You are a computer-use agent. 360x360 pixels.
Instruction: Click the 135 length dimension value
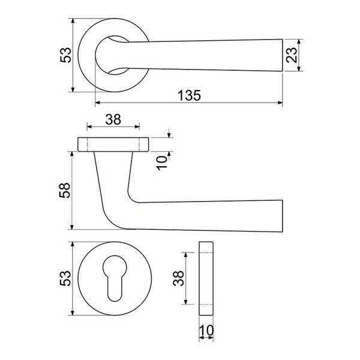pyautogui.click(x=190, y=95)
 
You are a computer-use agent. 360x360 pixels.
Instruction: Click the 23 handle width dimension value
pyautogui.click(x=292, y=55)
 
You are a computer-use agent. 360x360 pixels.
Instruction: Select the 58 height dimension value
pyautogui.click(x=65, y=190)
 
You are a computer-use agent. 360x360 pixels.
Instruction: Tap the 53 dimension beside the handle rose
pyautogui.click(x=65, y=55)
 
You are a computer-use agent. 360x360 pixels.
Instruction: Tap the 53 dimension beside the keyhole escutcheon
pyautogui.click(x=65, y=278)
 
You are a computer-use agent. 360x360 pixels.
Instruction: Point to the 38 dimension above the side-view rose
pyautogui.click(x=113, y=119)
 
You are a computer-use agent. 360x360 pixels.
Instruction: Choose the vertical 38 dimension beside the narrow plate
pyautogui.click(x=178, y=278)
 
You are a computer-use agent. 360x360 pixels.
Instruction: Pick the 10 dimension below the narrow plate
pyautogui.click(x=206, y=331)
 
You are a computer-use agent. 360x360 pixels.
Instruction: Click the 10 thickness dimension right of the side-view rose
pyautogui.click(x=162, y=163)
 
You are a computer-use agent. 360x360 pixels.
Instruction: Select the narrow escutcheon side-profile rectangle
pyautogui.click(x=206, y=278)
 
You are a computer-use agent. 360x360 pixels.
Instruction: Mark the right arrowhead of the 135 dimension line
pyautogui.click(x=280, y=103)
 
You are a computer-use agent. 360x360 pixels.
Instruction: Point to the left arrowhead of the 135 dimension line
pyautogui.click(x=98, y=103)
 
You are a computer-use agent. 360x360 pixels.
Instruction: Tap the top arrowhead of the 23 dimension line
pyautogui.click(x=299, y=42)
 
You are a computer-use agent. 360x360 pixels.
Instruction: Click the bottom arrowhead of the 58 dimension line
pyautogui.click(x=72, y=227)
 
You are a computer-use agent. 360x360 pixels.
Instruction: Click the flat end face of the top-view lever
pyautogui.click(x=283, y=55)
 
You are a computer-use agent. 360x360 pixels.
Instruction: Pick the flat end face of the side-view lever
pyautogui.click(x=283, y=216)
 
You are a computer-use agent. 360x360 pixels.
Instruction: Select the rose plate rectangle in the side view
pyautogui.click(x=113, y=145)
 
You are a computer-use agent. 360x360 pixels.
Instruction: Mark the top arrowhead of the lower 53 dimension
pyautogui.click(x=73, y=244)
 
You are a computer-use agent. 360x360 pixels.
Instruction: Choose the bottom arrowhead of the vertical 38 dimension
pyautogui.click(x=186, y=302)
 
